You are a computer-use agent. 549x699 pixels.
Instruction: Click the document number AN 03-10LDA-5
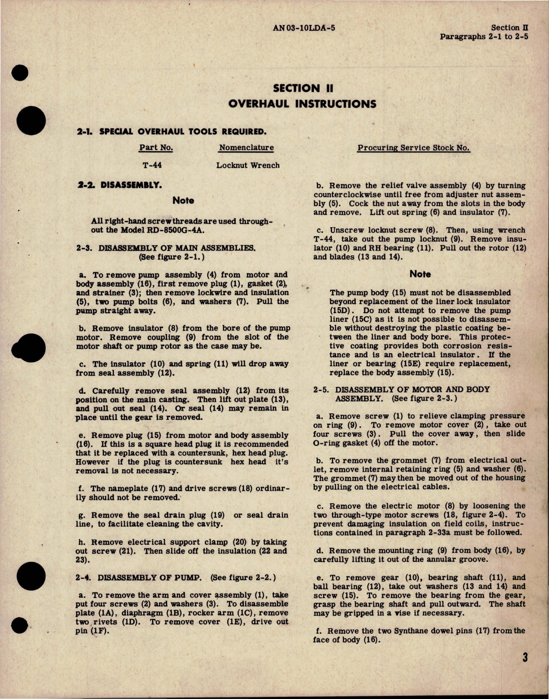tap(304, 28)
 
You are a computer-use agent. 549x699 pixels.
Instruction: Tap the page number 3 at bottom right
tap(525, 657)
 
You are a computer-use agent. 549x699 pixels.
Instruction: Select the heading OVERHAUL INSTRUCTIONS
tap(302, 104)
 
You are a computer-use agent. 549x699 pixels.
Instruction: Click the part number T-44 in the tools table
tap(152, 165)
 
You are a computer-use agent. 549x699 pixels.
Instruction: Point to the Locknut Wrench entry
tap(248, 165)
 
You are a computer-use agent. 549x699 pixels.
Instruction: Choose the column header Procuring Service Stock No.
tap(413, 148)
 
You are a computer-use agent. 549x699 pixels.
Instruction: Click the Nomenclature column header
tap(246, 147)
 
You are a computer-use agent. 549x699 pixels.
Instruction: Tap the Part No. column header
tap(156, 147)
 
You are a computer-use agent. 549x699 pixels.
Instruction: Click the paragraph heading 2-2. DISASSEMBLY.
tap(119, 185)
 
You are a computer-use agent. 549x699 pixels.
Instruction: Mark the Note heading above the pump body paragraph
tap(420, 274)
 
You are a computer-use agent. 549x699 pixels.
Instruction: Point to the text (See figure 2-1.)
tap(172, 257)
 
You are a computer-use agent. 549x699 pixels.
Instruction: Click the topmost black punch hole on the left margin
tap(20, 73)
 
